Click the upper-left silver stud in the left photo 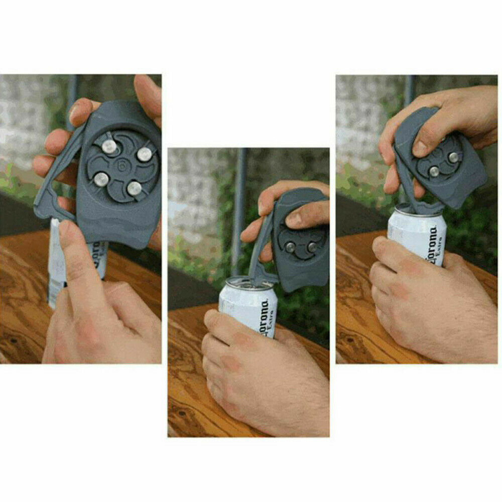coord(109,147)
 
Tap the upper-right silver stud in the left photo coord(145,154)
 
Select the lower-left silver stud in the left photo coord(101,179)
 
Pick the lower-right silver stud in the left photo coord(134,188)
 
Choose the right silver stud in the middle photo coord(312,246)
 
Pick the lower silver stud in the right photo coord(434,171)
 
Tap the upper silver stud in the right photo coord(453,157)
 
